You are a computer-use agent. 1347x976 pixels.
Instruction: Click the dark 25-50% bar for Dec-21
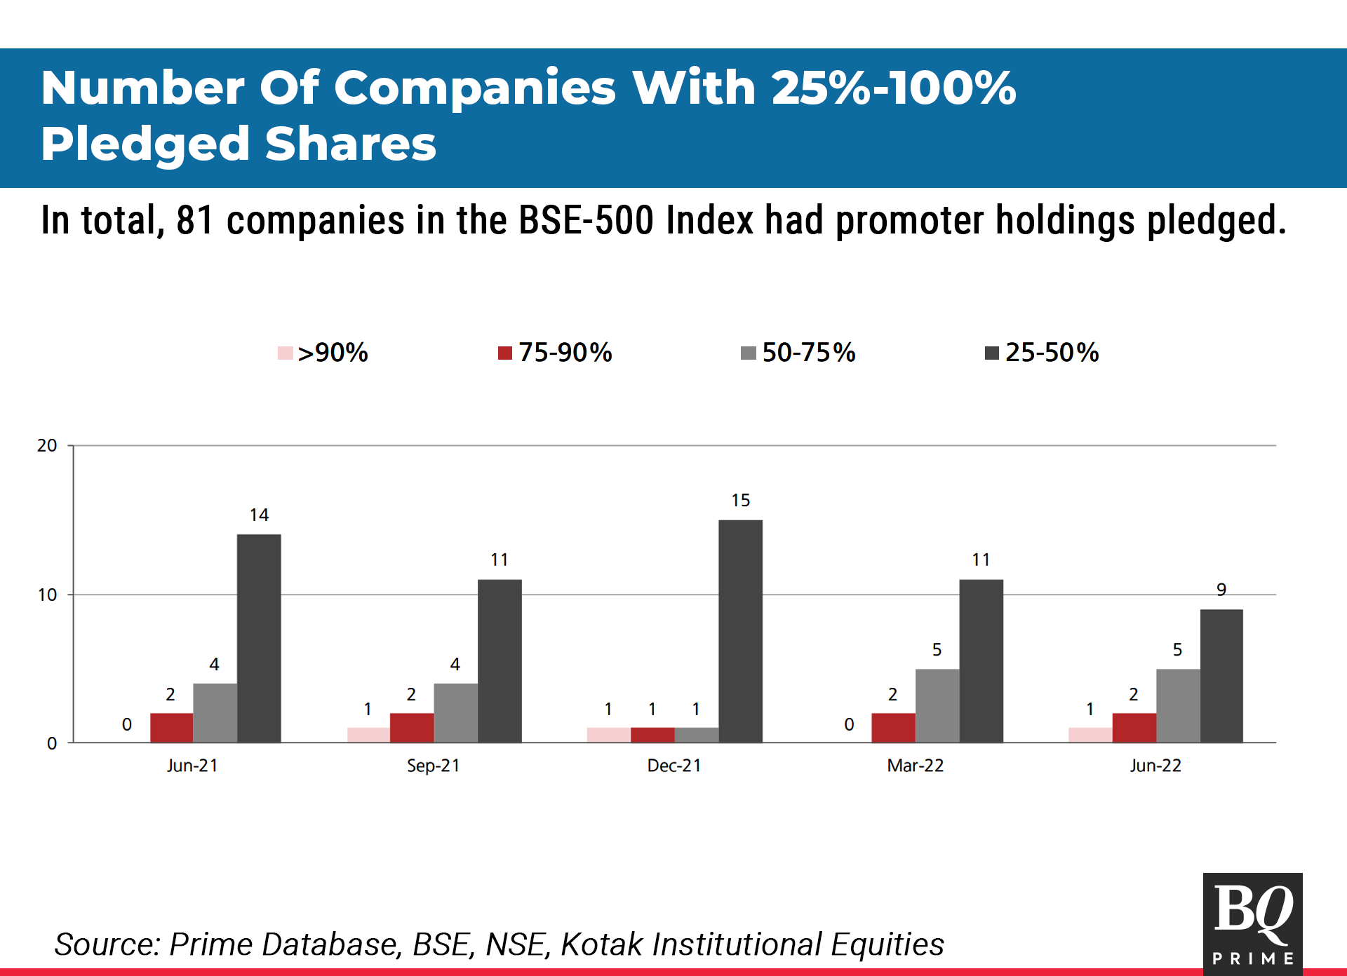740,631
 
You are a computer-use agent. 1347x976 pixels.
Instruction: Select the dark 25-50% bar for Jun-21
259,638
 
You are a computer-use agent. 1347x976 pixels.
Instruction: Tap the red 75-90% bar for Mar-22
893,728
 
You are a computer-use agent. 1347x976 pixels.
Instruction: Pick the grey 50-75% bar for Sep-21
455,712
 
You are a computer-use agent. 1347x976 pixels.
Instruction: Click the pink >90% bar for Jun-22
1090,735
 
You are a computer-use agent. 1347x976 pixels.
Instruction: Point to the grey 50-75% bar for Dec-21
696,735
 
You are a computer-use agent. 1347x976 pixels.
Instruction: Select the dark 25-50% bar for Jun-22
1221,676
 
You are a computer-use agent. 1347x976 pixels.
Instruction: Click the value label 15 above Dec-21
740,500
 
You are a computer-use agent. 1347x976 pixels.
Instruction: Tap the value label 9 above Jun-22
1221,590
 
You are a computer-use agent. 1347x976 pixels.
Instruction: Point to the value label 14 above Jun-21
259,515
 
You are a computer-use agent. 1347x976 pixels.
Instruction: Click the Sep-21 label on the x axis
433,765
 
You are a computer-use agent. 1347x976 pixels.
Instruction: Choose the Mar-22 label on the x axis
915,765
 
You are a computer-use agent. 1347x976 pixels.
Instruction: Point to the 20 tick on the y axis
47,445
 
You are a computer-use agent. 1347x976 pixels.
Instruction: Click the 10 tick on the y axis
47,595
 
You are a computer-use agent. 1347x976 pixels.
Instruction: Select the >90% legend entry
323,352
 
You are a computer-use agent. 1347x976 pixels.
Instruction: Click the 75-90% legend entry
555,352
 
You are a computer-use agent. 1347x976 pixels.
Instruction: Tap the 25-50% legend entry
1042,352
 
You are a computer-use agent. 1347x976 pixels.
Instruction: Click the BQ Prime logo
1252,923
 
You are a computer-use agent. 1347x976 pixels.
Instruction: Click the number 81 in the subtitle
194,220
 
